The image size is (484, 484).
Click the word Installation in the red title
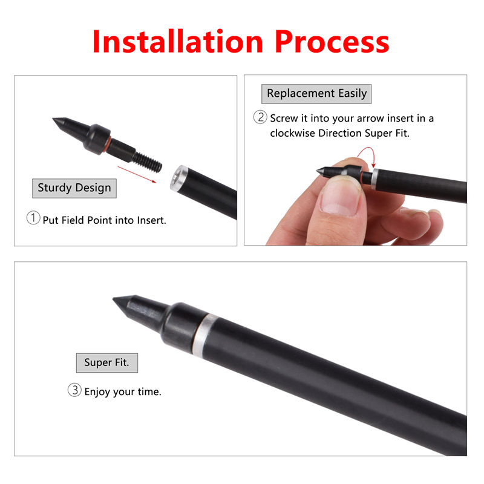coord(177,41)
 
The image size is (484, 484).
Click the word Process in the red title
coord(332,41)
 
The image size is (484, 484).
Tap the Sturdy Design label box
coord(74,188)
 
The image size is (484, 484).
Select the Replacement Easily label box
coord(316,94)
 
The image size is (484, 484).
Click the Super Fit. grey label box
coord(107,362)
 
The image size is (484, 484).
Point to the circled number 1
coord(33,218)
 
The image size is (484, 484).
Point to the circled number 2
coord(260,117)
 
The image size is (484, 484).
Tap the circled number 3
coord(74,390)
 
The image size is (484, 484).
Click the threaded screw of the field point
coord(148,162)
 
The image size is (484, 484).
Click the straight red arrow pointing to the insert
coord(137,174)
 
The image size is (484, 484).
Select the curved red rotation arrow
coord(367,154)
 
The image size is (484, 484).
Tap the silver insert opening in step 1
coord(178,178)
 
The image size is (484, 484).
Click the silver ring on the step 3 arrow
coord(204,335)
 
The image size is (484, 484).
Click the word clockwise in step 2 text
coord(292,133)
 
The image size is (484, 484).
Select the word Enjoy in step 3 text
coord(97,392)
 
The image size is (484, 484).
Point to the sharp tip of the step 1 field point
coord(53,119)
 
